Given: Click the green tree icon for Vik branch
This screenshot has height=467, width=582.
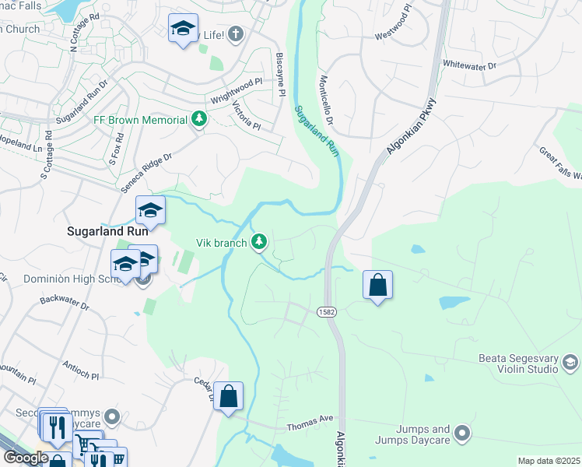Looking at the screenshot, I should (x=260, y=243).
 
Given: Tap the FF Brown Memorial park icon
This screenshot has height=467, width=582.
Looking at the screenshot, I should (x=200, y=119).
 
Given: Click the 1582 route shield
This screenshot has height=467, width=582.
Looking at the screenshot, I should (x=327, y=311).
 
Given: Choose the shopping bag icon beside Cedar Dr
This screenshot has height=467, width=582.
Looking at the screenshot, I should (x=229, y=396).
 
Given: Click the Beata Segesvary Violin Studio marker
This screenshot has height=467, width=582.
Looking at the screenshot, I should (x=570, y=362).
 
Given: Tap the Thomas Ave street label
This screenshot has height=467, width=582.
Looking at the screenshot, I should (x=310, y=425).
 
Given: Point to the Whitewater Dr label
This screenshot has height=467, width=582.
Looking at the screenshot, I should (x=469, y=66).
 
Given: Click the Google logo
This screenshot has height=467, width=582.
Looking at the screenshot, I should (x=25, y=458).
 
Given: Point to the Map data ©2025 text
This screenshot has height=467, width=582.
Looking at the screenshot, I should (x=548, y=461).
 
